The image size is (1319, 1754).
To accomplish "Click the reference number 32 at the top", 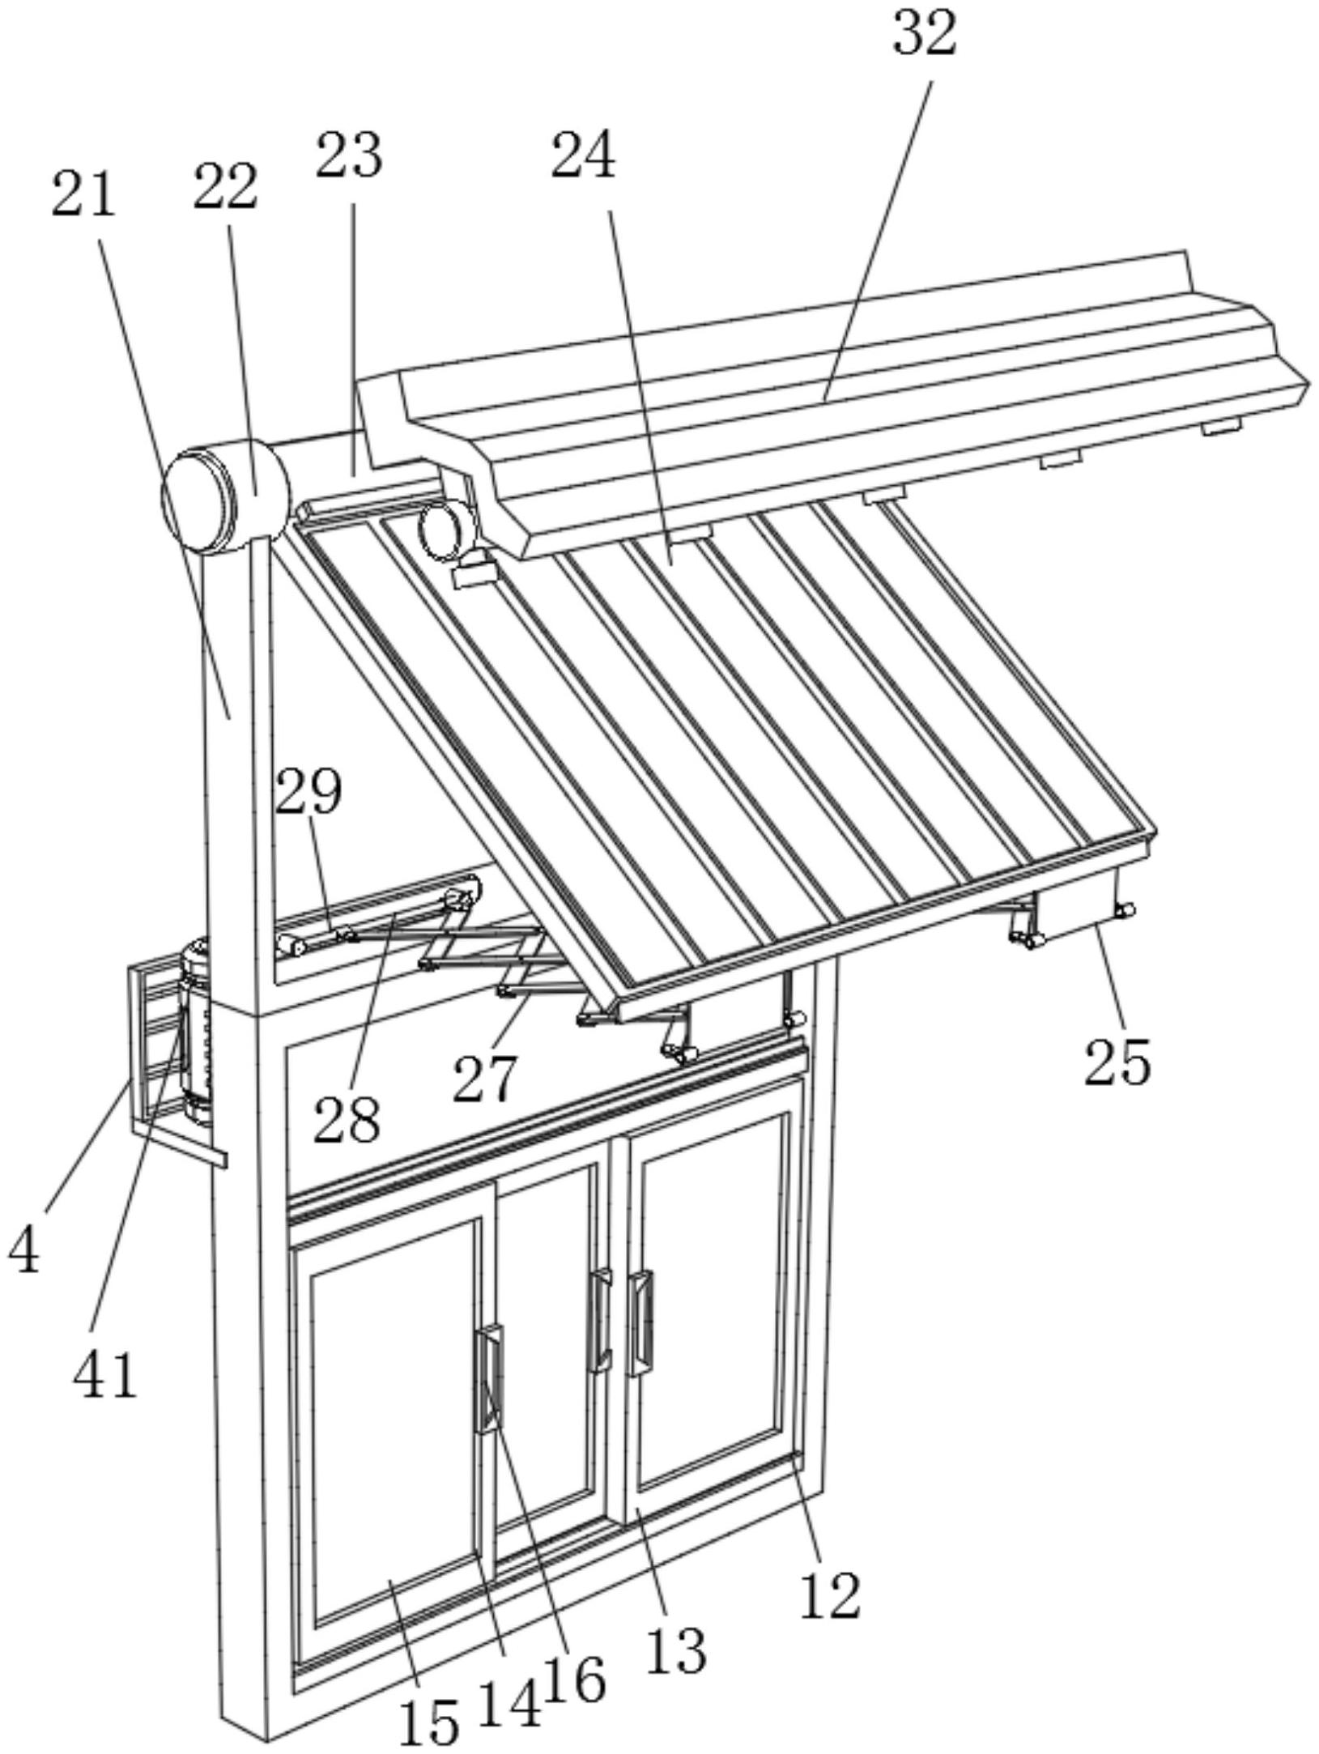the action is pyautogui.click(x=925, y=35).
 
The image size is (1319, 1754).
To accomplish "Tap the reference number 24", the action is pyautogui.click(x=583, y=156).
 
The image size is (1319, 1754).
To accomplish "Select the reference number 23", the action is pyautogui.click(x=349, y=155).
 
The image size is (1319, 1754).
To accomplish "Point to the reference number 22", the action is pyautogui.click(x=225, y=186).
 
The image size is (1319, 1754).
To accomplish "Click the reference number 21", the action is pyautogui.click(x=83, y=194).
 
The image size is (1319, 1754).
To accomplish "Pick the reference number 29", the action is pyautogui.click(x=308, y=791).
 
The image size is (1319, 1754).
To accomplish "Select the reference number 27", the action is pyautogui.click(x=484, y=1079).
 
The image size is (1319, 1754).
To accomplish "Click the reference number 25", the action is pyautogui.click(x=1117, y=1062).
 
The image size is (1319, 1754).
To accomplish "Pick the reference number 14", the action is pyautogui.click(x=573, y=1680).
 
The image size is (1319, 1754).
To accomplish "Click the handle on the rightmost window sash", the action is pyautogui.click(x=642, y=1322).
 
